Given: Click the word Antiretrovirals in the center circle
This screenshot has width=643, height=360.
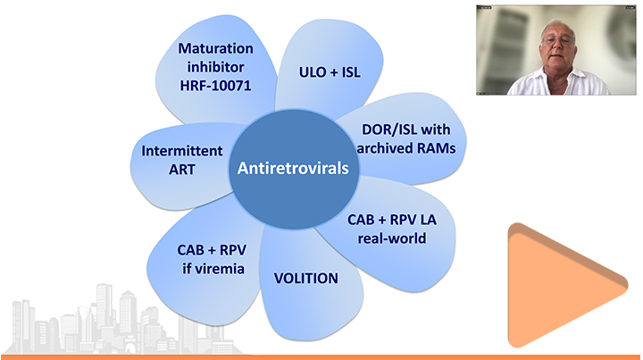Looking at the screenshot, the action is (293, 168).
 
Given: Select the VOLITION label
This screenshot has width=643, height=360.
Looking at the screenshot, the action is (306, 279).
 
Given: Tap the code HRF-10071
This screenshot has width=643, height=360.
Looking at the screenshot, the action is (215, 86).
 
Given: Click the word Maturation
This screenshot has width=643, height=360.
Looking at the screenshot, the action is (215, 48).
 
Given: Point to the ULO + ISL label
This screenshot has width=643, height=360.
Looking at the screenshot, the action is (330, 72).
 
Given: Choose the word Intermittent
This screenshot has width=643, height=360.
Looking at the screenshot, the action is (182, 151).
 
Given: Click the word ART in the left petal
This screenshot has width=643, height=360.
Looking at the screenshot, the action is (182, 170).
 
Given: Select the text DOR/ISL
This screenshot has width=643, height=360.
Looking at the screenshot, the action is (386, 130).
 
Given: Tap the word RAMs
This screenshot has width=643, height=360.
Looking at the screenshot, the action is (437, 148).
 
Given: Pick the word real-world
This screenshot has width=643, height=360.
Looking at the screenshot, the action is (392, 239).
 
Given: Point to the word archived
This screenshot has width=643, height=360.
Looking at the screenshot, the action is (385, 148).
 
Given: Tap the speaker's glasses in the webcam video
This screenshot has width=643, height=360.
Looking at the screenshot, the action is (557, 40).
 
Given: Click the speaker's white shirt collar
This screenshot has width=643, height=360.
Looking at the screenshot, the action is (557, 78).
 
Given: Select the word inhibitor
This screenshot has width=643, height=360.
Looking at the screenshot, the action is (215, 67).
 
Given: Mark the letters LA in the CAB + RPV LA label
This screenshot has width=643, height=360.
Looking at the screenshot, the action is (428, 220).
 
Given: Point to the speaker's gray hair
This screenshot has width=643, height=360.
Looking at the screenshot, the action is (558, 26).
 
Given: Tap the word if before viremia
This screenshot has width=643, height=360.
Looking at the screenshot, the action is (187, 269).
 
